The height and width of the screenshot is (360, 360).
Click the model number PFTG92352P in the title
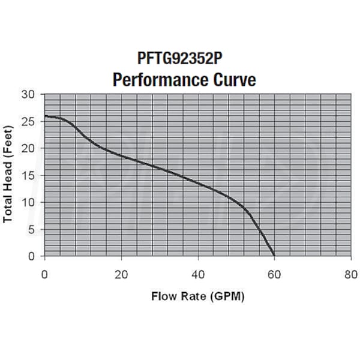(181, 59)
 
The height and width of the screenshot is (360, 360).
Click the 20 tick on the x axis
(121, 275)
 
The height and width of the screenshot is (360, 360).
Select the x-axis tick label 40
(198, 275)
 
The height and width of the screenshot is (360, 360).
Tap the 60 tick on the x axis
(274, 275)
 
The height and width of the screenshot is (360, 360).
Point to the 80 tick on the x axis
(351, 275)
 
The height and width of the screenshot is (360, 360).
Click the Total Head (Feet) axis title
(8, 176)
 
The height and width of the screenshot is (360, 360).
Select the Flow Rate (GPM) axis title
(197, 296)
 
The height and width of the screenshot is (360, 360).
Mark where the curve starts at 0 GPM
(45, 116)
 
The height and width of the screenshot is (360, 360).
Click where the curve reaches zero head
(274, 256)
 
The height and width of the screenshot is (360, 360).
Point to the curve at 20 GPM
(121, 156)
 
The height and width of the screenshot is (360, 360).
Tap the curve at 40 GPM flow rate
(198, 183)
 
